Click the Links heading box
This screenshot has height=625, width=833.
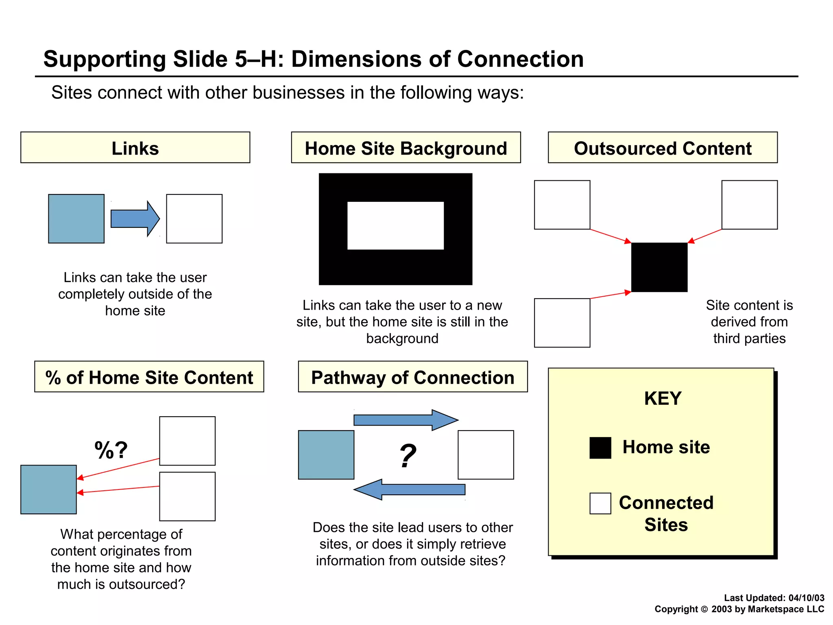(135, 148)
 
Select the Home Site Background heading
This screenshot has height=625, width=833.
(406, 148)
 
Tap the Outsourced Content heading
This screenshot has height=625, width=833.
(662, 148)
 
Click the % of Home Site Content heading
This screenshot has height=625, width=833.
(149, 377)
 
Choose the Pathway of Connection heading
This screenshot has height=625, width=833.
(412, 377)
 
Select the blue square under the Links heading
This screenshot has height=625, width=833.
(76, 219)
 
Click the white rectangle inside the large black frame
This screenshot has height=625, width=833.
(395, 225)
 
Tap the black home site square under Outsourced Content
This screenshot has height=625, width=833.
(659, 267)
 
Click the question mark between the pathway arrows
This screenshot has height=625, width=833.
(408, 456)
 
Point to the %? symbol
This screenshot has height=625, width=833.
(111, 450)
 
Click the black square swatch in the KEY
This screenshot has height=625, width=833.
(600, 448)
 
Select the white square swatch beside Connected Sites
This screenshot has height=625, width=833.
(600, 503)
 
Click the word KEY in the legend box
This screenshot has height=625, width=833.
(663, 398)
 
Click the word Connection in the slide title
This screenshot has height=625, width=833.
(520, 59)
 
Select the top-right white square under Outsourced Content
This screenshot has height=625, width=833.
(749, 205)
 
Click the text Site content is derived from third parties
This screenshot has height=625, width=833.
(749, 321)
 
